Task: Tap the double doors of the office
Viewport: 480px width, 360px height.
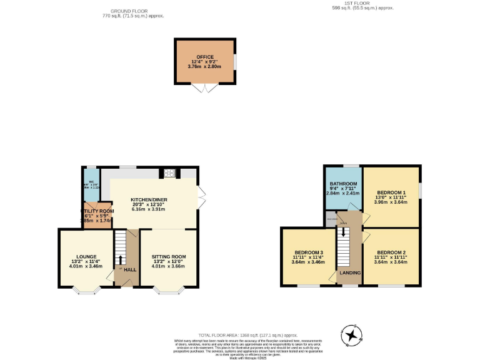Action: [205, 89]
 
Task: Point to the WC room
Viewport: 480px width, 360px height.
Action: [91, 185]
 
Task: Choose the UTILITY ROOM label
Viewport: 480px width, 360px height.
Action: [97, 211]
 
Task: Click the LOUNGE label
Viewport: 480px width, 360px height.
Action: [86, 256]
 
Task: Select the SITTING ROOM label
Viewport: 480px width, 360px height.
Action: [169, 256]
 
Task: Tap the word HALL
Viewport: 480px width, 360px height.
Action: [130, 270]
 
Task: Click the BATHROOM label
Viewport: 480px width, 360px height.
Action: [342, 183]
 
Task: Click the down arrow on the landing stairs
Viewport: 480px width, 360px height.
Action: [342, 232]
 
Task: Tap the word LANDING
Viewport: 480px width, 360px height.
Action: [349, 273]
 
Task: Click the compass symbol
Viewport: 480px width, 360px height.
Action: [352, 336]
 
